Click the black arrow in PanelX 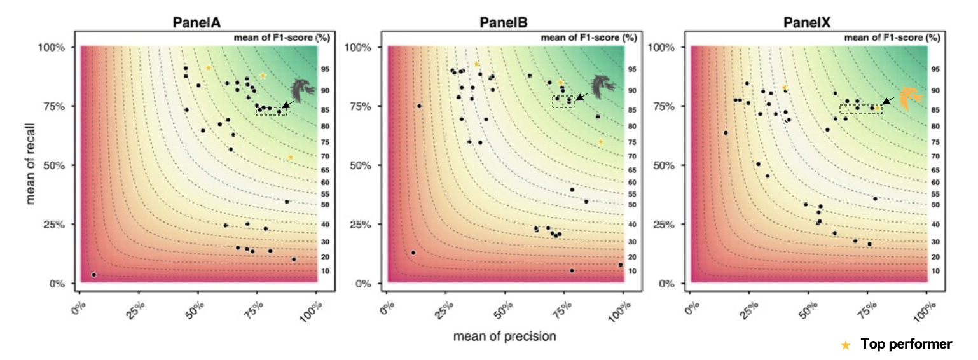click(888, 100)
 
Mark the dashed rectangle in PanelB click(563, 102)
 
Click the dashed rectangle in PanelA click(272, 111)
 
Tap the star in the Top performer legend click(846, 347)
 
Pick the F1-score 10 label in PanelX click(935, 272)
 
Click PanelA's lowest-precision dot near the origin click(94, 275)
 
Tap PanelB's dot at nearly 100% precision click(621, 265)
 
